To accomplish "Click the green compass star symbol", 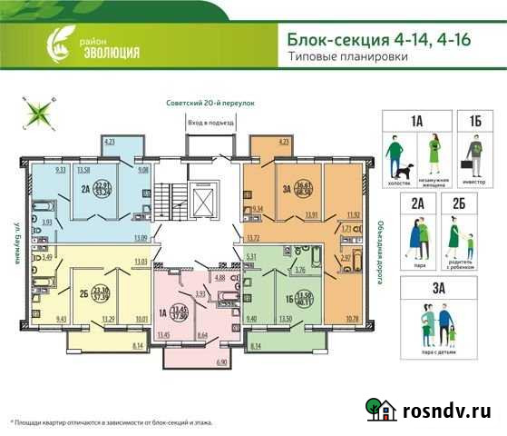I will pyautogui.click(x=41, y=114).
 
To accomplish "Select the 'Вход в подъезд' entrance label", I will pyautogui.click(x=210, y=122).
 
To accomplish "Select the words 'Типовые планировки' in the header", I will pyautogui.click(x=346, y=57).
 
